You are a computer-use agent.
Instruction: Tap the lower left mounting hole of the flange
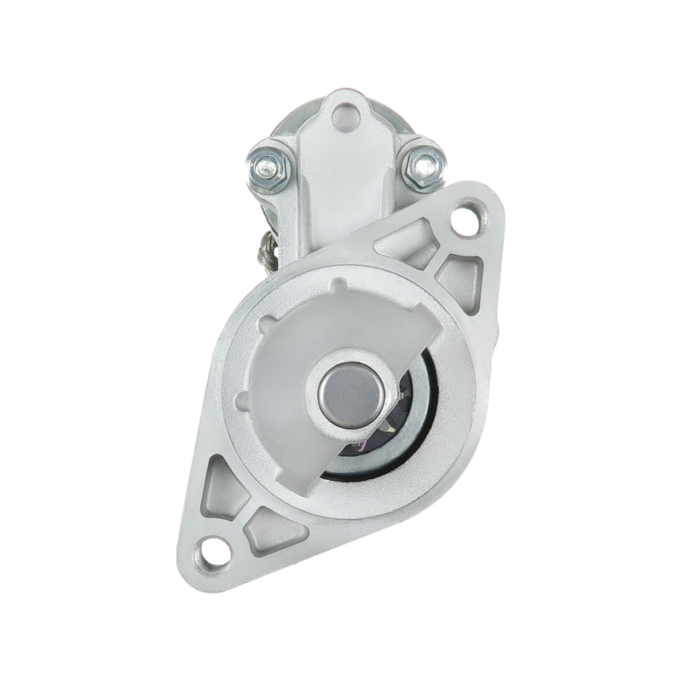[x=216, y=546]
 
